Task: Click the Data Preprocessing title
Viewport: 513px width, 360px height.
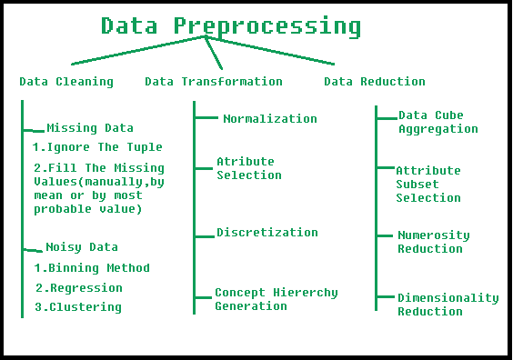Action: pos(230,25)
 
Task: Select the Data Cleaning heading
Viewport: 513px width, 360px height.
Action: pos(66,82)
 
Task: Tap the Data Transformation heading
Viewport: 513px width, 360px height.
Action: pos(214,82)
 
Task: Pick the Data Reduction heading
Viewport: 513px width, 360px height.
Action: pos(375,82)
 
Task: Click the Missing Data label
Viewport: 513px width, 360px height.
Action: pos(89,128)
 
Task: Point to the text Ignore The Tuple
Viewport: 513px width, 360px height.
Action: pos(97,147)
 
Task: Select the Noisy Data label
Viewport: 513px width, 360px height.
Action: pos(82,247)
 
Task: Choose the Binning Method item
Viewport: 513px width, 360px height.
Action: pos(92,268)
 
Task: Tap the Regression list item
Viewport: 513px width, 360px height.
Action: pos(79,288)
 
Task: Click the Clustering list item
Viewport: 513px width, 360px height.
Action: pos(78,307)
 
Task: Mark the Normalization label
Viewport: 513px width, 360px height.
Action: pos(270,119)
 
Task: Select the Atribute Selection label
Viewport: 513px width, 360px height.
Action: pos(248,168)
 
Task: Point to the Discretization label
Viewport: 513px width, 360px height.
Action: pos(267,233)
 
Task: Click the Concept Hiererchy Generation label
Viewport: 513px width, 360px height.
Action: pos(277,299)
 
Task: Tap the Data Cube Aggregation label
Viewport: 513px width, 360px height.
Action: pos(438,122)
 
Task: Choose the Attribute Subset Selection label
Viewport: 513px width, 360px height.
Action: pos(428,184)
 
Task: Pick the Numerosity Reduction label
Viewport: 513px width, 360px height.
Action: pos(434,242)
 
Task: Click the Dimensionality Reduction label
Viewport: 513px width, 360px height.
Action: pos(448,305)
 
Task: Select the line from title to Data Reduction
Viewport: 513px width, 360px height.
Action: pos(273,50)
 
